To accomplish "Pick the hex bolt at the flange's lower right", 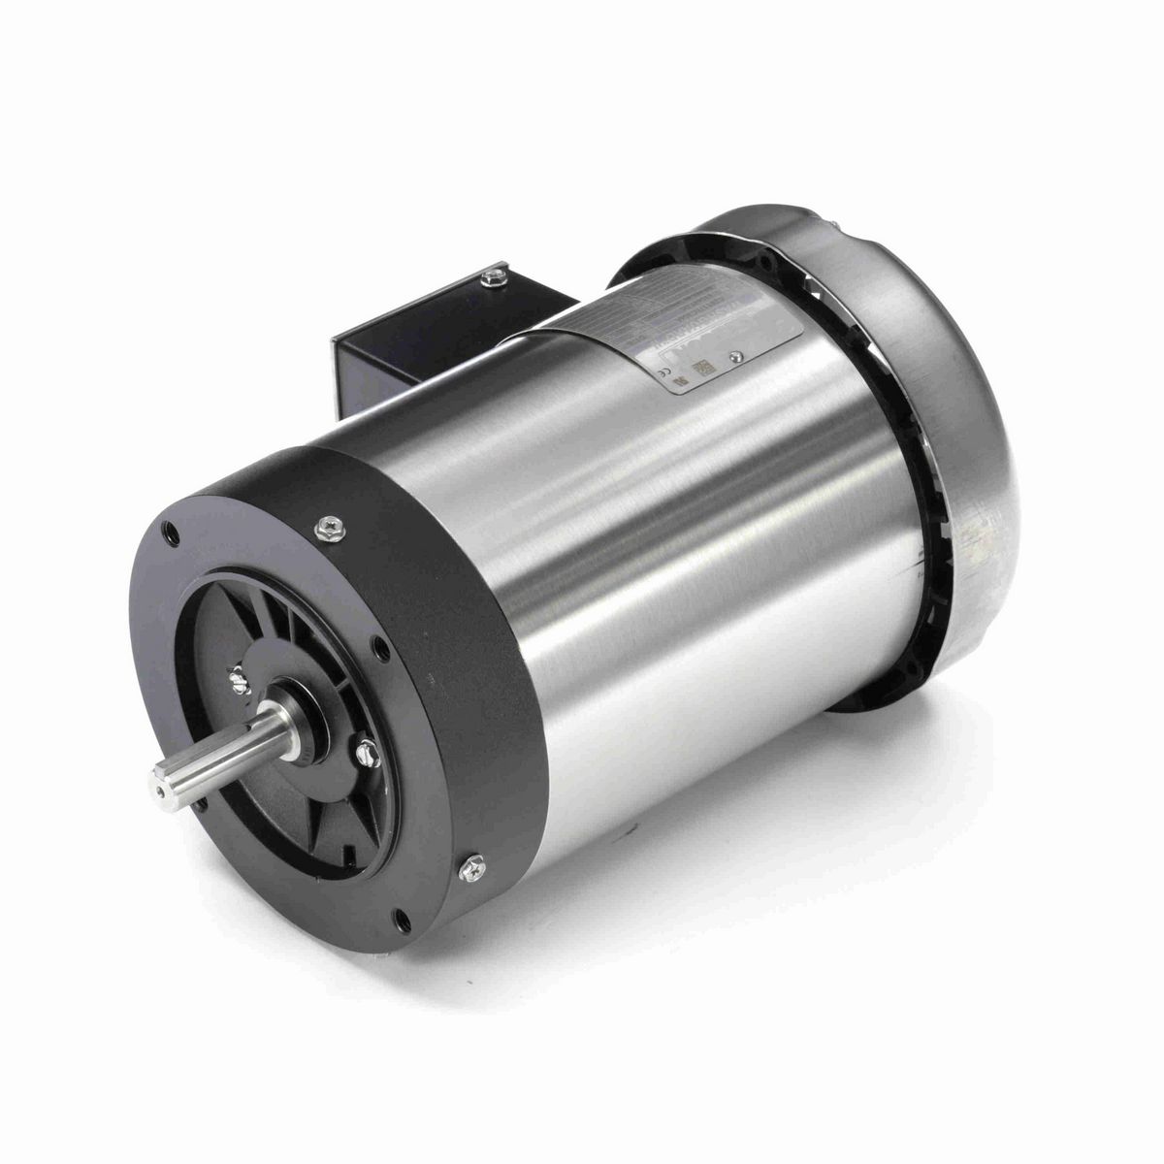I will [475, 859].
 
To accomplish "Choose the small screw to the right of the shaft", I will [393, 750].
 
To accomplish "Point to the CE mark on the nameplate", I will [666, 368].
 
